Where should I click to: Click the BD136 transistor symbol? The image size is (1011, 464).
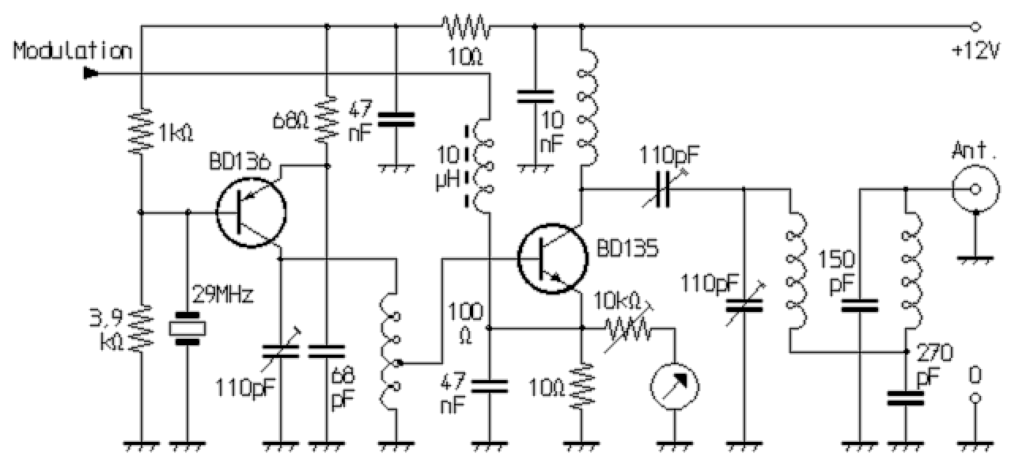[251, 213]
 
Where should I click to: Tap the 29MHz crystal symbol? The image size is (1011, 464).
[188, 327]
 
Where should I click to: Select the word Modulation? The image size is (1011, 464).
[73, 52]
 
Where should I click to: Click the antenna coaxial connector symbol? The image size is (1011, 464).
[975, 189]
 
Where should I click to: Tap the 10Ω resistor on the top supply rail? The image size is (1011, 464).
[467, 28]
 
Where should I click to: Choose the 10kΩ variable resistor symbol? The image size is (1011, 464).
[629, 326]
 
